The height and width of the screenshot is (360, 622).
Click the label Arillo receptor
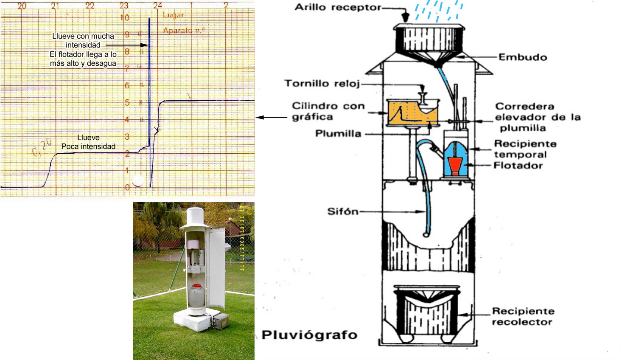click(x=338, y=7)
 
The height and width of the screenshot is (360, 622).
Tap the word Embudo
click(x=523, y=57)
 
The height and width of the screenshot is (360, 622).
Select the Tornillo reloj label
click(x=322, y=83)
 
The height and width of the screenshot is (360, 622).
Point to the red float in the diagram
click(x=455, y=165)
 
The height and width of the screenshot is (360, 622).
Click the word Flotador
click(x=518, y=166)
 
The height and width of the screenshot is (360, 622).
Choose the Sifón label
click(x=343, y=211)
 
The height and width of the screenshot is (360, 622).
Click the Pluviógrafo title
click(x=309, y=335)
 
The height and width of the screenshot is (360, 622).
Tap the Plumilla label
click(x=338, y=134)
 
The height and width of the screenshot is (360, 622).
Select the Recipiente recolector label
click(x=523, y=316)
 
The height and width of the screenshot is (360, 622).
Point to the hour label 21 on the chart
click(x=55, y=6)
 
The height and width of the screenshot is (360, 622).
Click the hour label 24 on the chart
click(x=157, y=6)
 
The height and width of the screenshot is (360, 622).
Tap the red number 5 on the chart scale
click(x=127, y=103)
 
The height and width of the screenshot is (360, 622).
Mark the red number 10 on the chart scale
click(x=125, y=18)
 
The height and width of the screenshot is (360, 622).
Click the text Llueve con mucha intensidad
click(x=83, y=41)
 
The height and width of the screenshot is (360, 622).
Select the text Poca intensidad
click(x=88, y=146)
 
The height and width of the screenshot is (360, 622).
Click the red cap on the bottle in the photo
click(x=196, y=286)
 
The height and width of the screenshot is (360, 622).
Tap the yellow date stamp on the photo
click(x=242, y=238)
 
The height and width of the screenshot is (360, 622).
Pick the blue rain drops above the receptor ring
click(x=439, y=10)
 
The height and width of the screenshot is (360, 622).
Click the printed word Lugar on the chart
click(x=173, y=15)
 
